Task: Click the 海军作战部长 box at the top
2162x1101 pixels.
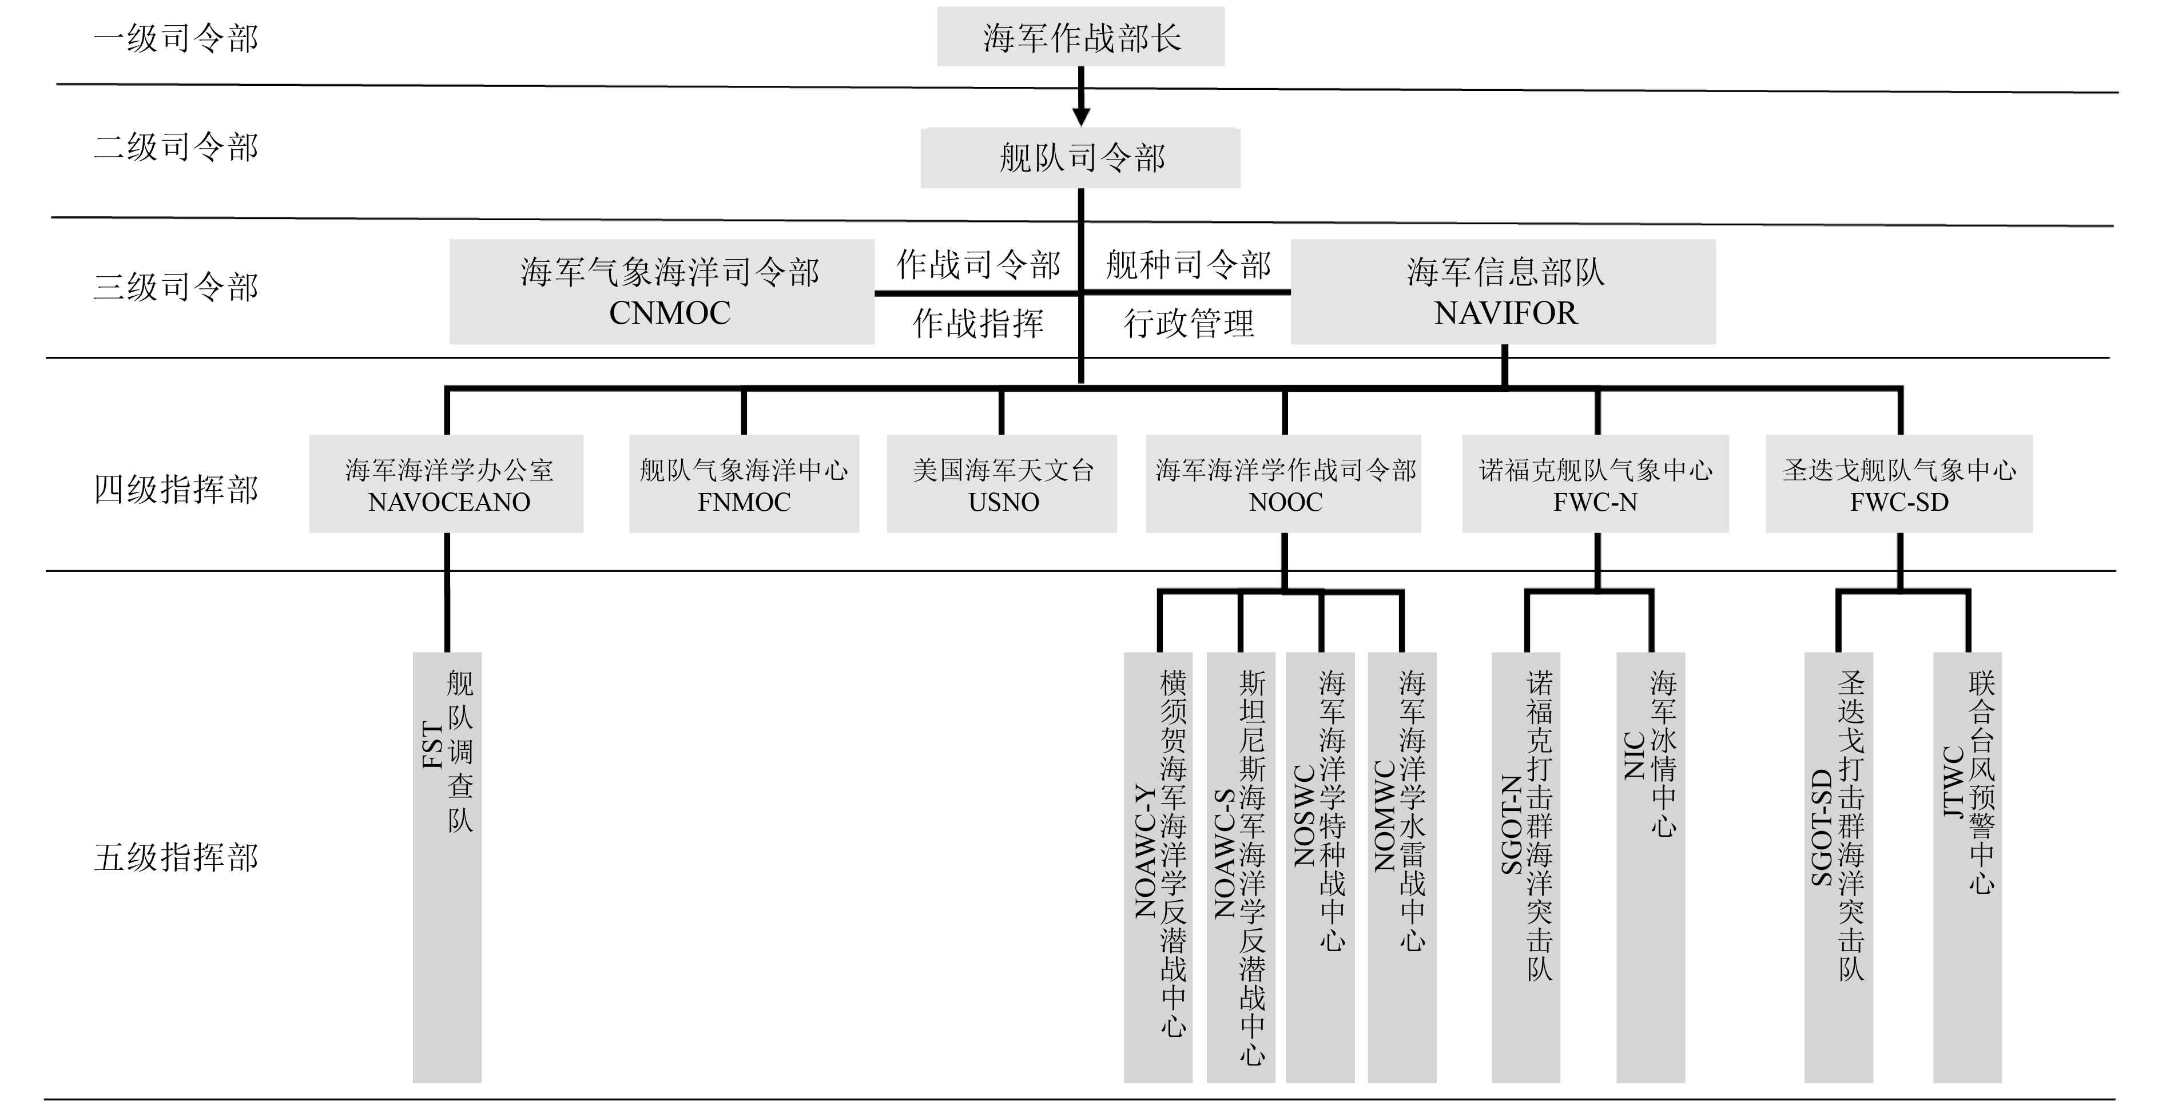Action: point(1080,37)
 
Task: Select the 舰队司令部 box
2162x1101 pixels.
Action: point(1080,158)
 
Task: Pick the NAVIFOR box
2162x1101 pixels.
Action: point(1503,291)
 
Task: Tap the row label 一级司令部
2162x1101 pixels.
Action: point(176,38)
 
